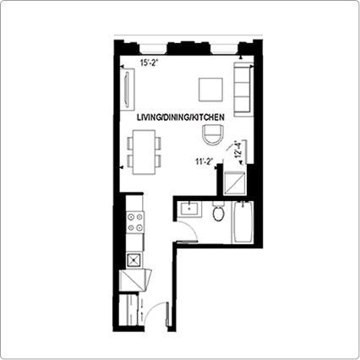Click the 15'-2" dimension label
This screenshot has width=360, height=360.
point(148,63)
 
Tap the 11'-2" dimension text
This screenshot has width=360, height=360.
point(204,161)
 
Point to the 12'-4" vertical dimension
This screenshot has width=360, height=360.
point(238,150)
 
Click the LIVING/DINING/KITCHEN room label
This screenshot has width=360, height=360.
point(181,117)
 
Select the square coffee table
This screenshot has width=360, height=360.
point(210,90)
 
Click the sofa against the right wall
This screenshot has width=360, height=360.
point(243,90)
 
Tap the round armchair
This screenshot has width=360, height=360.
point(214,135)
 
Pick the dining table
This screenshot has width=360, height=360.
point(144,152)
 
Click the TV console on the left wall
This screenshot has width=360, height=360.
point(128,90)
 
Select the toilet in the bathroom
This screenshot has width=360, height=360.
point(219,211)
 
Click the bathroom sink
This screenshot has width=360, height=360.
point(189,209)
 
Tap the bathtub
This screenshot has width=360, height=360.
point(243,222)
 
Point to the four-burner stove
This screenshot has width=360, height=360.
point(135,222)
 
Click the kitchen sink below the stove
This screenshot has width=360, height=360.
point(134,260)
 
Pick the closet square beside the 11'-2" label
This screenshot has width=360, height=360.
point(234,183)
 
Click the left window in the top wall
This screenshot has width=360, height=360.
point(153,50)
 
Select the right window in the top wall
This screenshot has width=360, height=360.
point(225,50)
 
